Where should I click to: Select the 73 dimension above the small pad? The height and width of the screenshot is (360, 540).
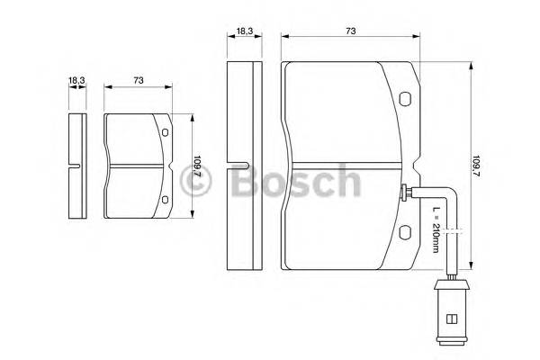coord(138,81)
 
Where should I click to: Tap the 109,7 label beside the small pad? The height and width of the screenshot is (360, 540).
coord(196,167)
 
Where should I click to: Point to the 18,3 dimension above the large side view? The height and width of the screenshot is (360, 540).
coord(244,31)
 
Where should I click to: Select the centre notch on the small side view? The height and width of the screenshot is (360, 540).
coord(77,166)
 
